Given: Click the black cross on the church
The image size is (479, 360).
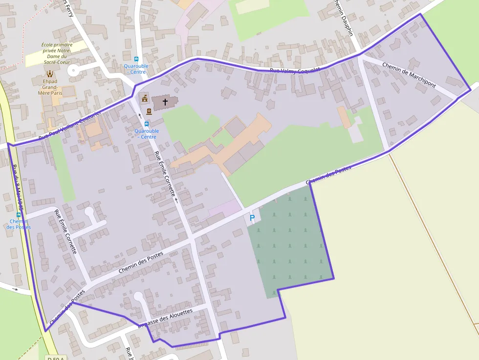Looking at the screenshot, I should [165, 102].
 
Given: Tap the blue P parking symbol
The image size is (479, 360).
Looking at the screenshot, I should [252, 218].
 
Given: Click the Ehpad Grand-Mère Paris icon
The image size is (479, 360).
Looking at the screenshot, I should [50, 74].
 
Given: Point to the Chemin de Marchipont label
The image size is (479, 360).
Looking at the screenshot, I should [409, 75].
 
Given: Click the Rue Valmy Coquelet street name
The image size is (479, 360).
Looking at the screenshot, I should [295, 71].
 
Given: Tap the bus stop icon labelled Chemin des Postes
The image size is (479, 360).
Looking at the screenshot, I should [19, 214].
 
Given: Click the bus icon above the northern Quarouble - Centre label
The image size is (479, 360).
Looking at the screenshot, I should [136, 59].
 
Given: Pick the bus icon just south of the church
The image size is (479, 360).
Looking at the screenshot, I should [147, 124].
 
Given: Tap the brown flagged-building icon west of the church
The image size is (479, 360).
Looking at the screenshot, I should [145, 99].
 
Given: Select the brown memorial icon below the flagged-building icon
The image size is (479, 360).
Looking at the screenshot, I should [149, 111].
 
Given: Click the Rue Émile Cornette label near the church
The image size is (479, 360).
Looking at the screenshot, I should [165, 174].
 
